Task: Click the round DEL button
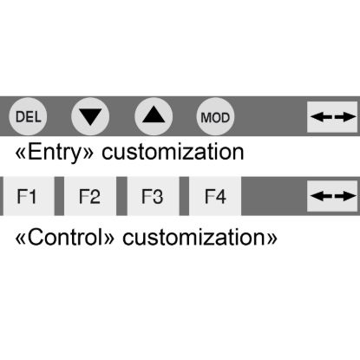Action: point(28,116)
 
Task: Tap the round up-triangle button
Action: point(154,116)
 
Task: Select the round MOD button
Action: point(215,116)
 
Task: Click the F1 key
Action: point(29,196)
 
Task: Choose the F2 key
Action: point(90,196)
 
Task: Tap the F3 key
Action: point(153,196)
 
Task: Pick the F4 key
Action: point(215,196)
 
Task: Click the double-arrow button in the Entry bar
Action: point(332,117)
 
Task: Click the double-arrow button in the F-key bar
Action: point(332,196)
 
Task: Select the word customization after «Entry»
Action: point(173,152)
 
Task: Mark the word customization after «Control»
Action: point(193,237)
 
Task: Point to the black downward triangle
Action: point(90,116)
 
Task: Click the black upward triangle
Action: point(154,115)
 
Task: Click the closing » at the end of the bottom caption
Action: point(272,239)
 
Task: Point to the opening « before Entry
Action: point(21,154)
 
